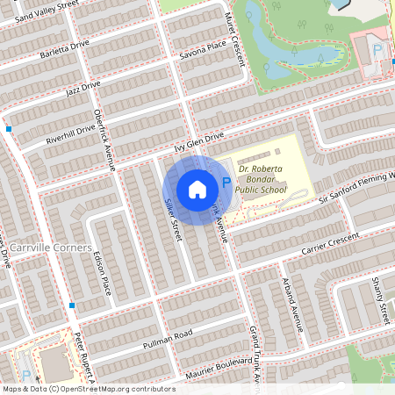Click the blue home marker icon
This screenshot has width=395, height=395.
tap(197, 190)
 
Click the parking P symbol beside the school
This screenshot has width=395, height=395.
tap(226, 183)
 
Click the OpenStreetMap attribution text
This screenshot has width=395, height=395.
tap(89, 388)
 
